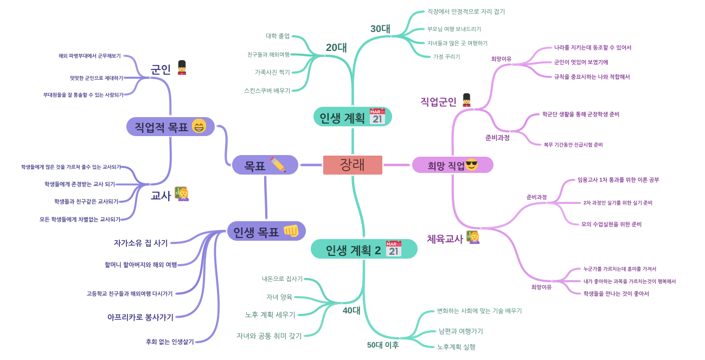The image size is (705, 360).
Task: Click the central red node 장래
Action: pos(352,165)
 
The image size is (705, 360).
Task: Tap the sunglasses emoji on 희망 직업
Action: pos(471,164)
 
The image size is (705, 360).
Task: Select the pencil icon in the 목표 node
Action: pos(278,165)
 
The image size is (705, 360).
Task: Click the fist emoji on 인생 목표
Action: pos(291,231)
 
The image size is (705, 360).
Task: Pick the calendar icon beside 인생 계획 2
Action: pos(394,249)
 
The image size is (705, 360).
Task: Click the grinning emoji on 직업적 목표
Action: pos(199,126)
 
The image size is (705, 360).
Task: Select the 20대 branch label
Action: pos(336,48)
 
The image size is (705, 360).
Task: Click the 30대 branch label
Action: pos(380,29)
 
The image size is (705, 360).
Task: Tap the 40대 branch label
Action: pos(351,311)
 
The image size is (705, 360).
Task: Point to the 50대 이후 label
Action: pos(383,345)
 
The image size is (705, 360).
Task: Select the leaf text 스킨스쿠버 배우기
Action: pos(267,91)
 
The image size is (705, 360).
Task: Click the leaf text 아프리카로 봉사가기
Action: pos(140,317)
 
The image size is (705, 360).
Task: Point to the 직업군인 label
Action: pos(438,102)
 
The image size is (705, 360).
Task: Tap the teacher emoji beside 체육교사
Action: pos(473,237)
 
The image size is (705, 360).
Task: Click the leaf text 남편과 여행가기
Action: pos(460,331)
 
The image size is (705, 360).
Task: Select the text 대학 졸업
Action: pos(278,36)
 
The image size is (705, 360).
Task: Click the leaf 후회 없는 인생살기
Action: pos(170,342)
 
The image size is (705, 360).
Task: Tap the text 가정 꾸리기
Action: pos(446,57)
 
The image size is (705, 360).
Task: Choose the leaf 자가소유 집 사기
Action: pos(141,243)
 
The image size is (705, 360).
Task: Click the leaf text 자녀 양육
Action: pos(279,297)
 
